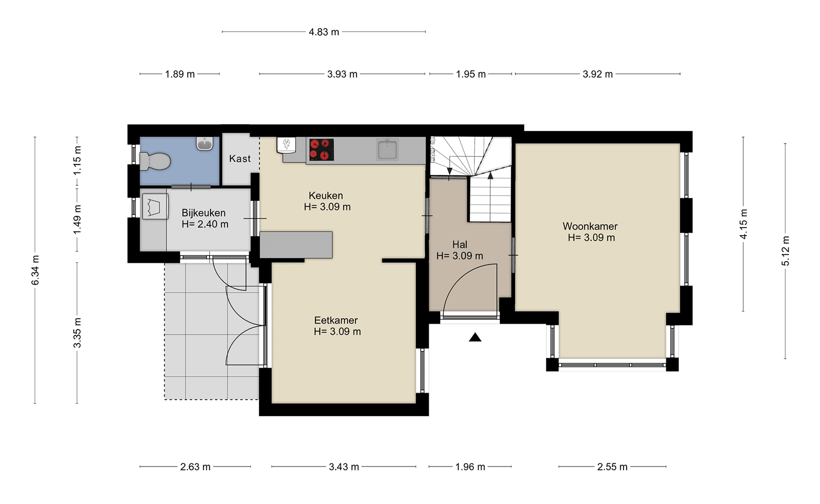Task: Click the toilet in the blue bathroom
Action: [155, 161]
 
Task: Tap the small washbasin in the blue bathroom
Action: [205, 144]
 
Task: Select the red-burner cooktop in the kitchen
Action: [321, 150]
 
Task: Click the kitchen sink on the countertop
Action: [387, 150]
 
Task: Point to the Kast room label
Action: [240, 159]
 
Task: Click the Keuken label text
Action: [326, 196]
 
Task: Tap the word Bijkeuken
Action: [204, 213]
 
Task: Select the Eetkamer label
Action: [336, 321]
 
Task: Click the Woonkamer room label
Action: [590, 227]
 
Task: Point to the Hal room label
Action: [460, 245]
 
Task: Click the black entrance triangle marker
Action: [475, 338]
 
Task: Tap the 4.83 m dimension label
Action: [324, 32]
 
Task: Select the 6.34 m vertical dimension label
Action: [36, 270]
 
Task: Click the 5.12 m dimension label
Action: [786, 251]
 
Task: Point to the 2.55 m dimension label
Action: [612, 467]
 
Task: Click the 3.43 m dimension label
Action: [344, 467]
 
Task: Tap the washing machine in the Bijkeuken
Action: [155, 206]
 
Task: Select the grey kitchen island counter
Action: [296, 245]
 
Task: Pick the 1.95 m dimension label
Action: [471, 75]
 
